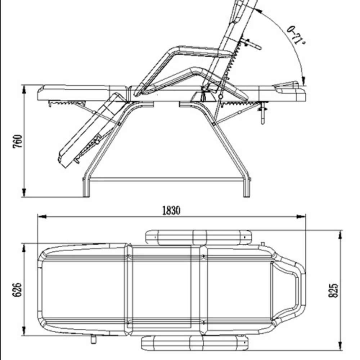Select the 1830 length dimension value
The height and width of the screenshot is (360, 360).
point(171,210)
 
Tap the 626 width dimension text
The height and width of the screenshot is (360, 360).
point(17,290)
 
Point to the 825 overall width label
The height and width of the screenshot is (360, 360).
point(333,291)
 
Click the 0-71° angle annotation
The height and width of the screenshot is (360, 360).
point(296,35)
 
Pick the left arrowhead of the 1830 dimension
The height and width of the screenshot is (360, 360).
point(42,216)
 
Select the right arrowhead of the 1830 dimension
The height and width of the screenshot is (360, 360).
point(301,216)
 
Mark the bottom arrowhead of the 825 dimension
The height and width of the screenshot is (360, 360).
point(340,346)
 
